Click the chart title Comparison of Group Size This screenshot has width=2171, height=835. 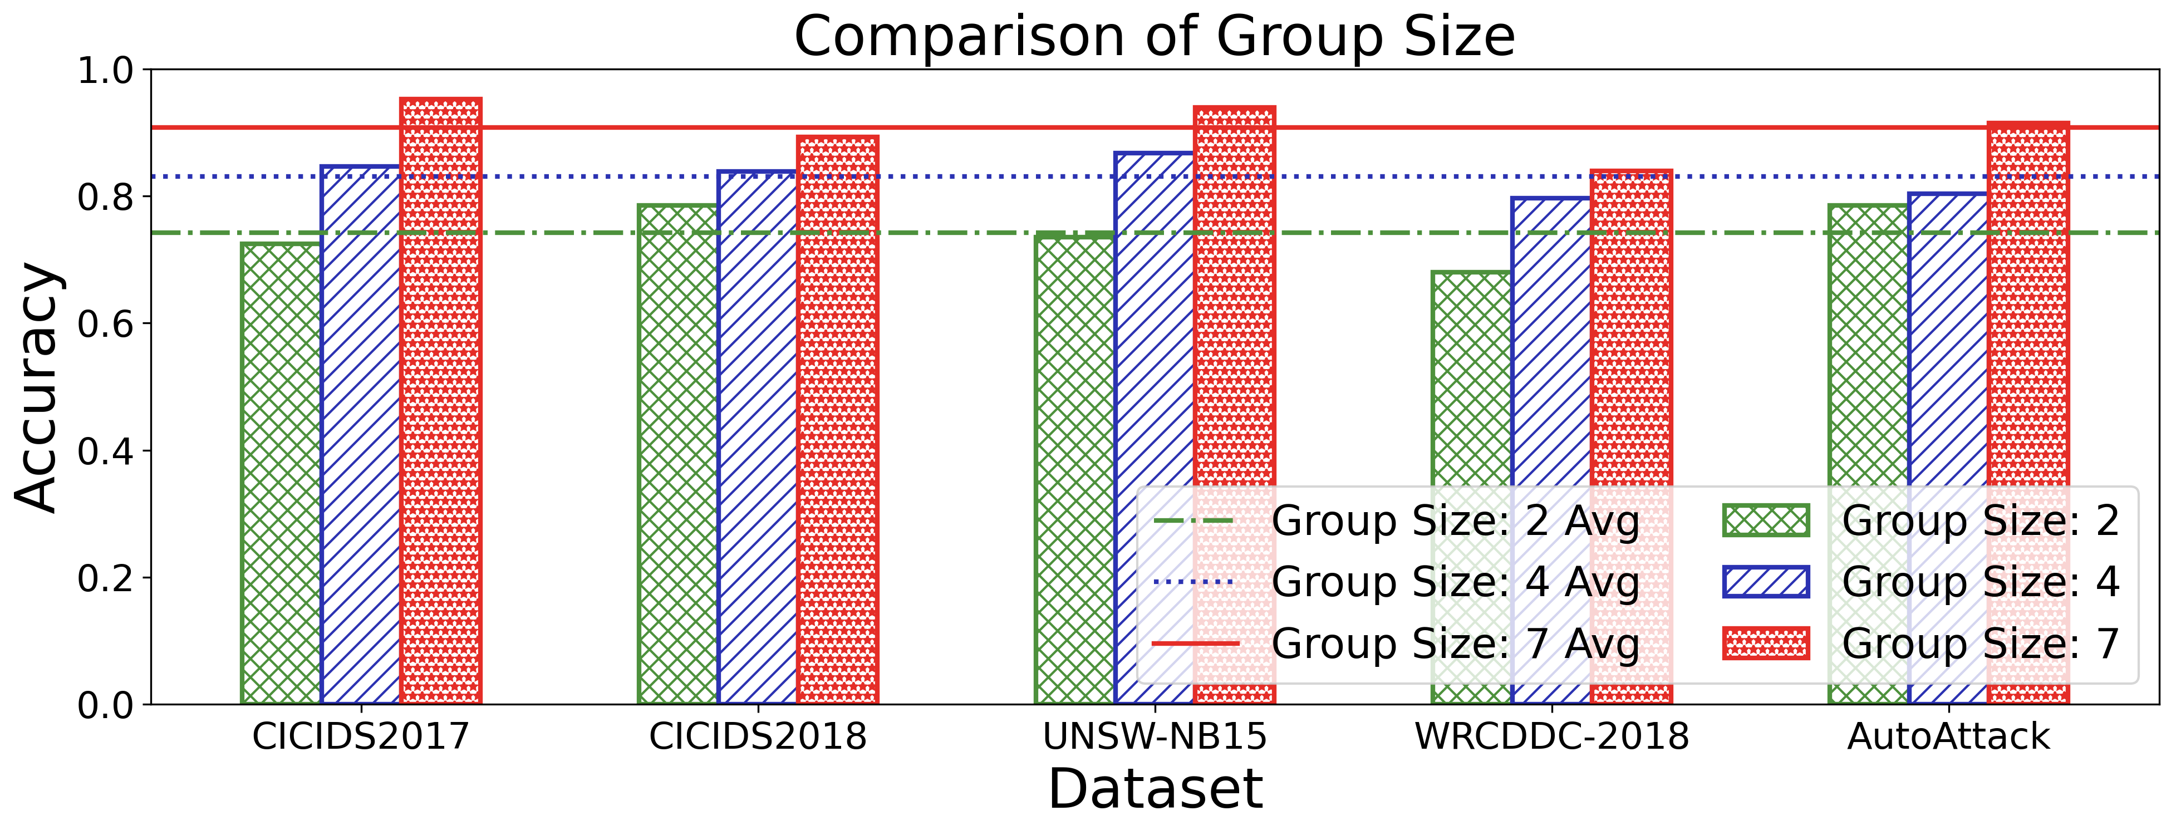click(1155, 37)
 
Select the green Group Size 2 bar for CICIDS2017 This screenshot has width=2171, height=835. click(281, 472)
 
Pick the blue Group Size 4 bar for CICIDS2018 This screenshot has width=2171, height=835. click(758, 438)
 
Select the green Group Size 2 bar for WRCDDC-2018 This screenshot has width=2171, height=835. click(1471, 379)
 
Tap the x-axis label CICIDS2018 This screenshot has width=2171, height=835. click(758, 737)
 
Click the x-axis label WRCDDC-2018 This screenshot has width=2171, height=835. click(1551, 737)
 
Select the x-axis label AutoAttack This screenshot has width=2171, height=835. click(1948, 737)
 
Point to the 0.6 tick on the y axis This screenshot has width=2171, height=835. click(105, 325)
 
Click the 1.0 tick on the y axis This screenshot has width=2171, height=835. click(105, 71)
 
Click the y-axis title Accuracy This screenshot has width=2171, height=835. click(37, 387)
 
